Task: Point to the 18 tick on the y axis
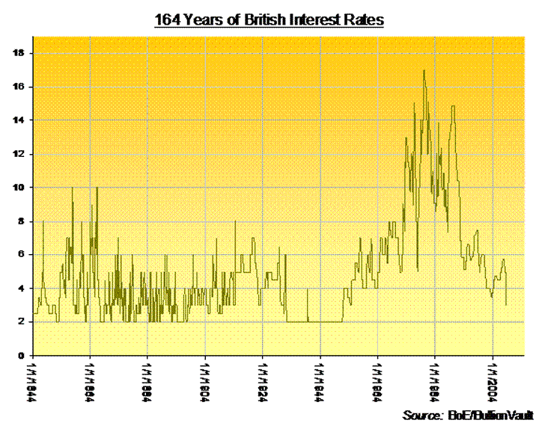coord(24,53)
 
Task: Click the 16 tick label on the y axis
coord(24,87)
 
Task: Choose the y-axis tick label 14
coord(24,120)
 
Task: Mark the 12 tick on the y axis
coord(24,154)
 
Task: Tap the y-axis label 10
coord(24,188)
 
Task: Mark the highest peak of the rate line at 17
coord(424,71)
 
